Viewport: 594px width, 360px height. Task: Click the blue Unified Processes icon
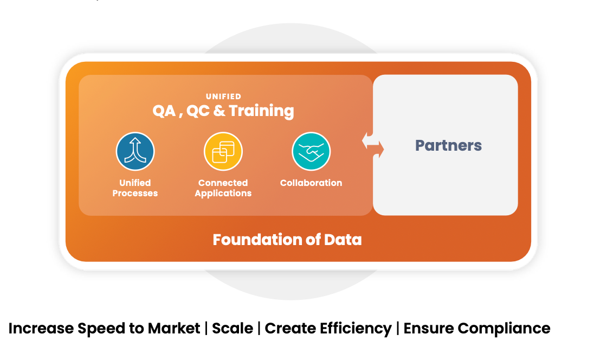click(135, 152)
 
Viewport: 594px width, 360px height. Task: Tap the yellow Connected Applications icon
click(223, 152)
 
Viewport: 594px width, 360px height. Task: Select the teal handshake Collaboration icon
click(311, 152)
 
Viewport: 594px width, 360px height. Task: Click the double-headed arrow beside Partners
click(373, 145)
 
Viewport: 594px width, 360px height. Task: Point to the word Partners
click(448, 145)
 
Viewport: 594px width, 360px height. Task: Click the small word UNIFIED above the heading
click(223, 97)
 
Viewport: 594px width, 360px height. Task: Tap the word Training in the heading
click(261, 111)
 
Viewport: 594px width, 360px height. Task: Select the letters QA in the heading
click(164, 111)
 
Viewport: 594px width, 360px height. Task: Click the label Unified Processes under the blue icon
click(135, 188)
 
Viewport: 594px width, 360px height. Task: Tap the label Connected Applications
click(223, 188)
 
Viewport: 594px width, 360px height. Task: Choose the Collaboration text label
click(311, 183)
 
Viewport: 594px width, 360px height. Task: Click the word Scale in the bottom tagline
click(233, 328)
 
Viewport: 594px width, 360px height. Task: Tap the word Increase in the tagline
click(41, 328)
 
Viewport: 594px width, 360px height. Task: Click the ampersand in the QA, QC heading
click(219, 111)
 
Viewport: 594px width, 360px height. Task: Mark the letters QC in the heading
click(197, 111)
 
